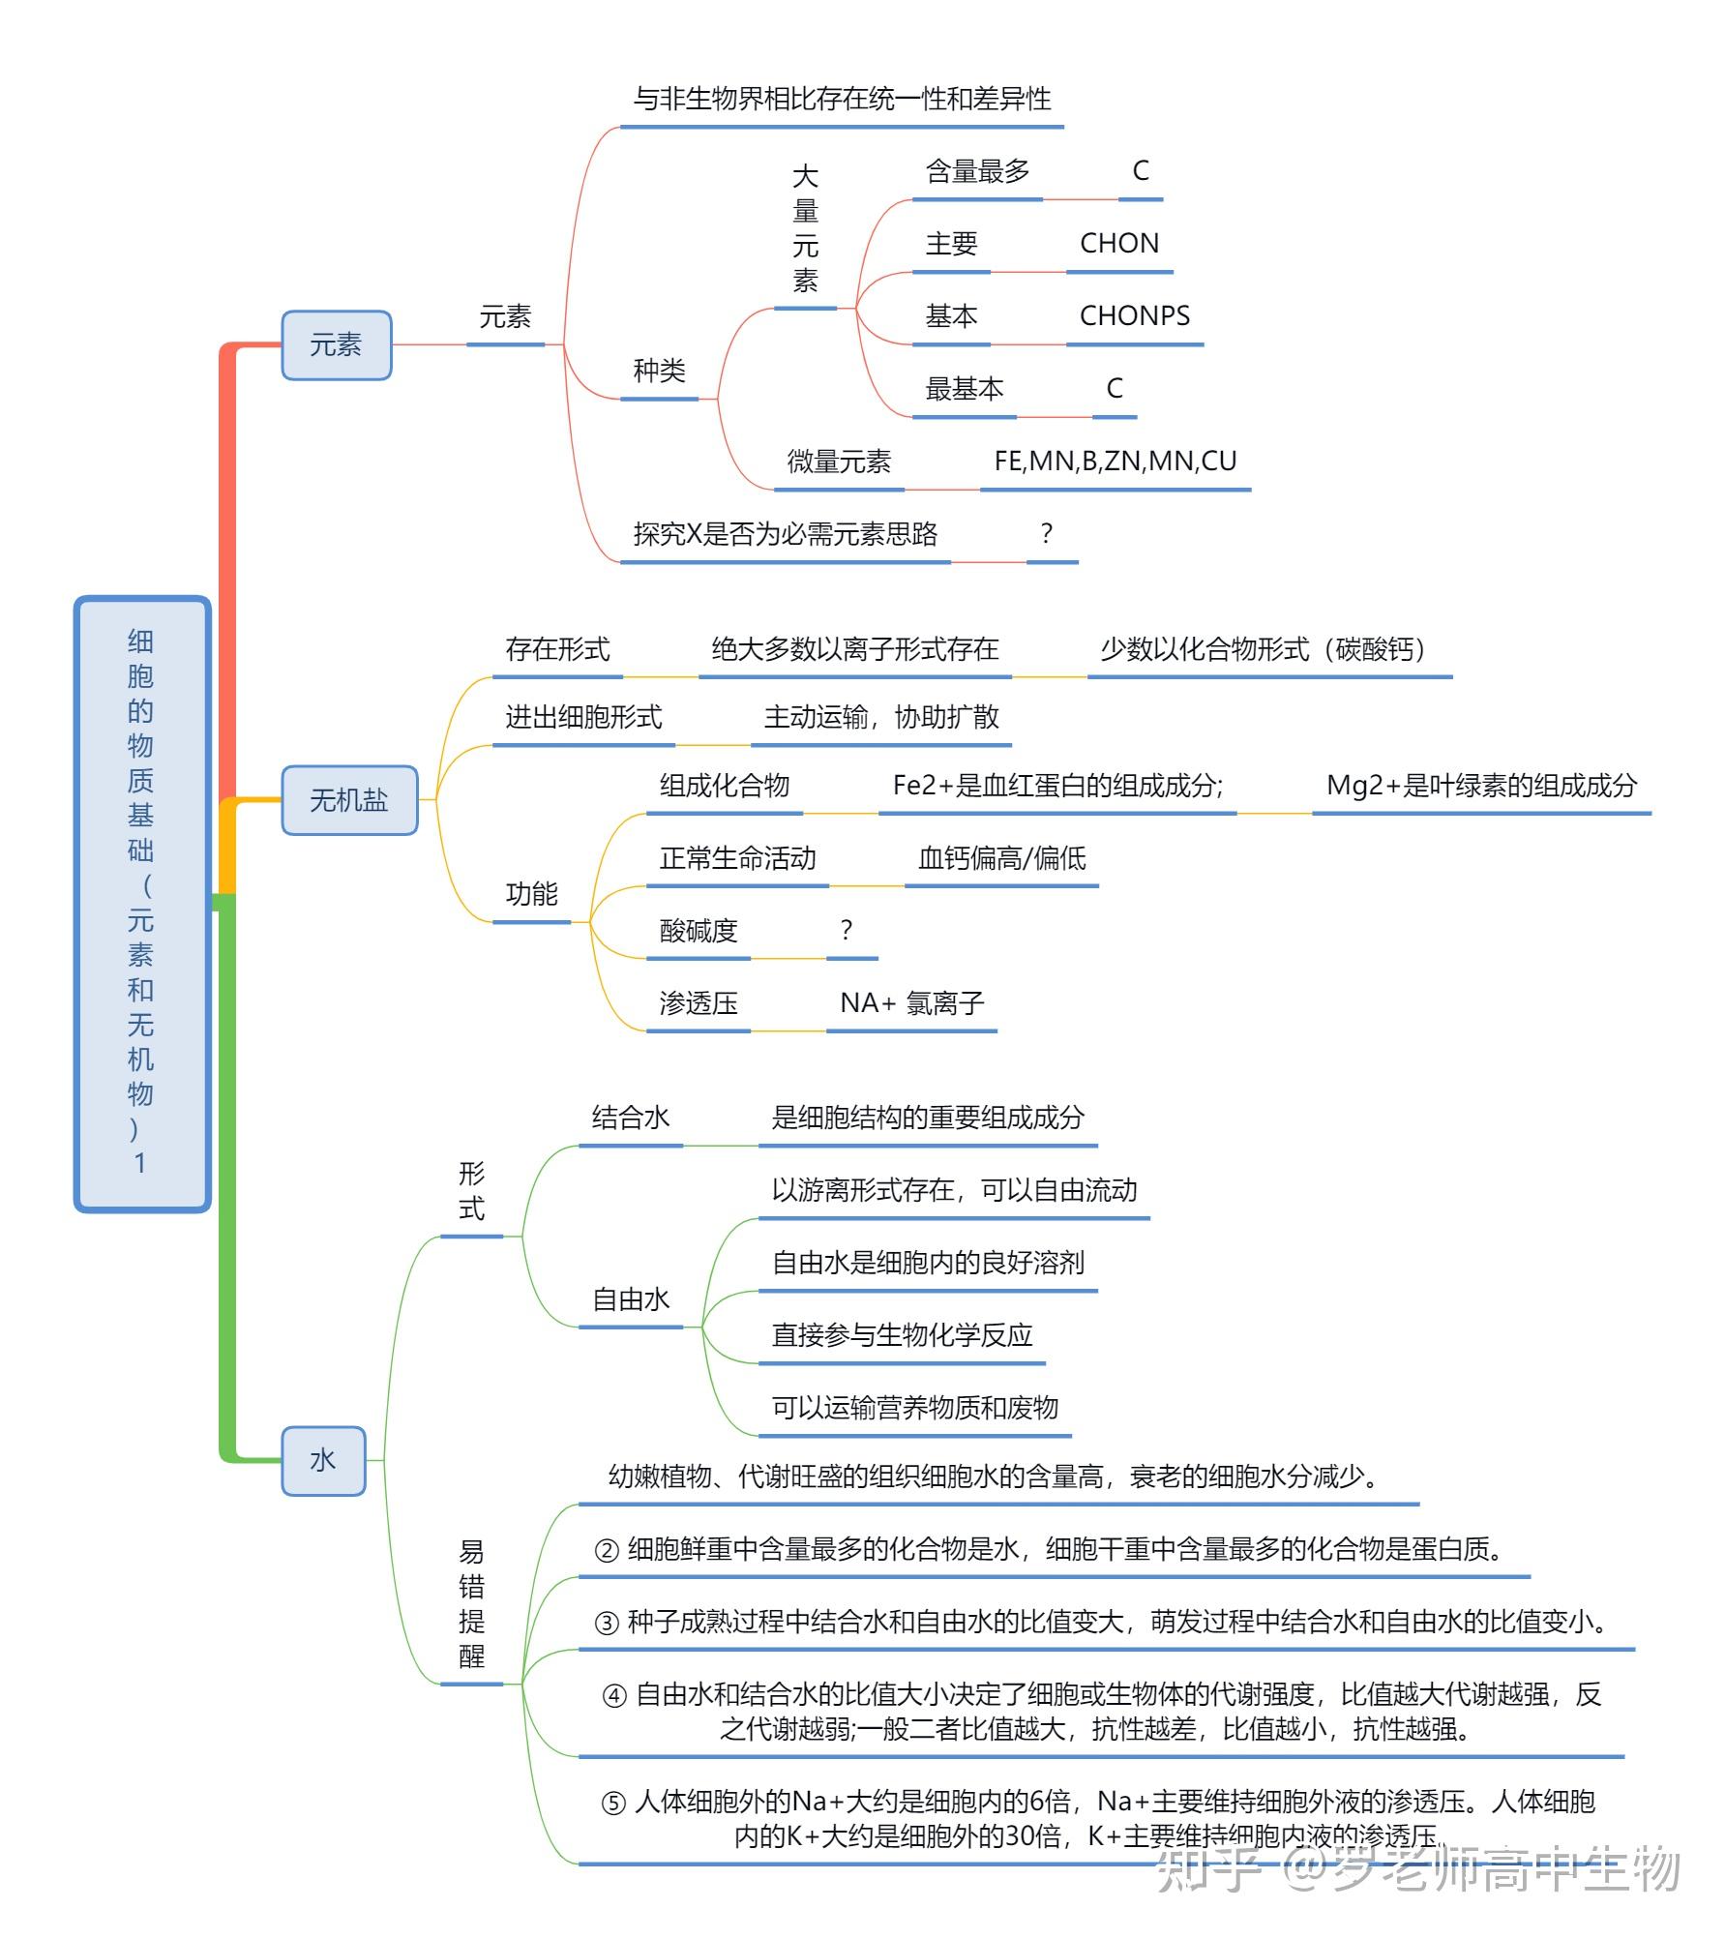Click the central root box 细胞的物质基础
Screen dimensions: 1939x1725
coord(142,903)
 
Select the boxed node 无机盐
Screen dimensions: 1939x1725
coord(348,800)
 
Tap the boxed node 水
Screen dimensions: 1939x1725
coord(323,1459)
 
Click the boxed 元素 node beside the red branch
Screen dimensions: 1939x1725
coord(336,344)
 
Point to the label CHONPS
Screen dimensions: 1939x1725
coord(1134,316)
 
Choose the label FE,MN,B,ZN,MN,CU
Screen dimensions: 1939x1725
coord(1115,462)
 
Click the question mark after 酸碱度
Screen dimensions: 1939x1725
coord(847,931)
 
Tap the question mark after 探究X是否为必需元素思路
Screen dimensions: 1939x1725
coord(1046,534)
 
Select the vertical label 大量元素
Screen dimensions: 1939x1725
coord(805,229)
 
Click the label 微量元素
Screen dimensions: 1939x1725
coord(838,462)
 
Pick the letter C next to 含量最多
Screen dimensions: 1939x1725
coord(1141,171)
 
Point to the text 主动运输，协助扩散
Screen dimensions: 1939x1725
coord(880,717)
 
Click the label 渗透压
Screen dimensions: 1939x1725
coord(698,1003)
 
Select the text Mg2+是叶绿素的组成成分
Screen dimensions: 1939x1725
coord(1480,786)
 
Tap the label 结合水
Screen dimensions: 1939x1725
coord(631,1119)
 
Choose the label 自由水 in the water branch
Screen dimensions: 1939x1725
coord(631,1299)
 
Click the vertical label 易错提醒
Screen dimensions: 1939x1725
coord(471,1604)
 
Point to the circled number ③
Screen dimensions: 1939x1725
coord(607,1623)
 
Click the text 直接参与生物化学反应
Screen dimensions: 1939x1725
coord(902,1335)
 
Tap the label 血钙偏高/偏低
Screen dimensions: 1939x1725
coord(1001,858)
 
